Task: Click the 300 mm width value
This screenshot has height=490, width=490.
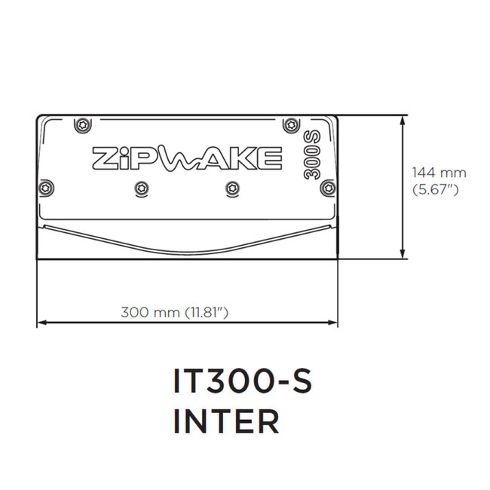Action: (151, 311)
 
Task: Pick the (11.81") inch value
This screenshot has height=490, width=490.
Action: (207, 311)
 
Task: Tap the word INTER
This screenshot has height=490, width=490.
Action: (226, 422)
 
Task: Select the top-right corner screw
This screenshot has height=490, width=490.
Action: (286, 124)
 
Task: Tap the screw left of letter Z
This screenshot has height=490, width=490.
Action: (48, 186)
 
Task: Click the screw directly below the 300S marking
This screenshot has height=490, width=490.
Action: (326, 186)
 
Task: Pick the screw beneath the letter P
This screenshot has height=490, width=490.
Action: (137, 187)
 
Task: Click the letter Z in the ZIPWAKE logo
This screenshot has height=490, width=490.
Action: (103, 158)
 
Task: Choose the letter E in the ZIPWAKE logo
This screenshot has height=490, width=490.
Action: (271, 158)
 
